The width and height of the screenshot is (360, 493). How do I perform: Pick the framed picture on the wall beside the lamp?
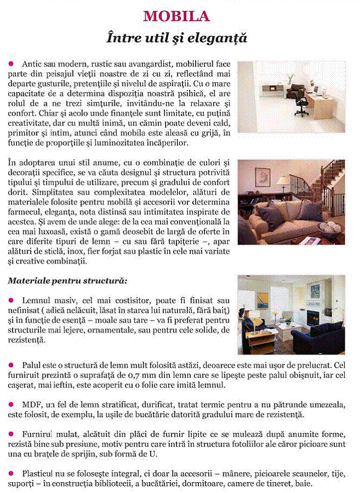(263, 177)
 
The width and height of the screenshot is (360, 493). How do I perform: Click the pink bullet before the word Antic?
(11, 65)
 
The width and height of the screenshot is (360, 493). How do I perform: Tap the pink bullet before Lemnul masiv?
(11, 301)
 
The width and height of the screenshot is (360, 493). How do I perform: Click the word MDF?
(32, 405)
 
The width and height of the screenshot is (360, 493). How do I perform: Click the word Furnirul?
(39, 434)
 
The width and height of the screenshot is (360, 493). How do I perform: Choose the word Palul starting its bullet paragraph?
(33, 365)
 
